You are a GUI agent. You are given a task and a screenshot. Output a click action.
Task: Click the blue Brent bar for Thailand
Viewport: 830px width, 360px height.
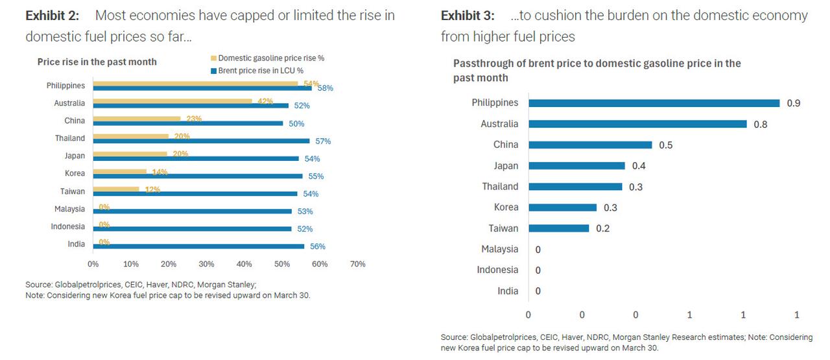click(201, 141)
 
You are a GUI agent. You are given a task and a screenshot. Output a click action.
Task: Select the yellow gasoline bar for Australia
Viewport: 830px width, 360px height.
click(172, 101)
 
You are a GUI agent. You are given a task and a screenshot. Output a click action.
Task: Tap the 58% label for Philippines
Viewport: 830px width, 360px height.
click(325, 88)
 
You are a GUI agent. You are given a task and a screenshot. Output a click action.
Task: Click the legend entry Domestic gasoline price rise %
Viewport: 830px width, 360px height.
click(271, 58)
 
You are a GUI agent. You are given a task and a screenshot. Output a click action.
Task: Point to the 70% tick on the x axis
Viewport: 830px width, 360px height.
click(357, 264)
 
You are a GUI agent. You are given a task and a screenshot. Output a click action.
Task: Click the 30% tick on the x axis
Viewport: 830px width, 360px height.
click(206, 264)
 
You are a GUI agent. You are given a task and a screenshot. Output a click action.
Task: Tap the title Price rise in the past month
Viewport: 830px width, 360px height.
click(97, 62)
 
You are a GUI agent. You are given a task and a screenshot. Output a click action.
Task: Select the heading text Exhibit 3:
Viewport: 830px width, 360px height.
click(468, 16)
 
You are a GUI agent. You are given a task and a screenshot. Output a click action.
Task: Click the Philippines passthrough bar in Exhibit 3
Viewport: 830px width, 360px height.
click(654, 103)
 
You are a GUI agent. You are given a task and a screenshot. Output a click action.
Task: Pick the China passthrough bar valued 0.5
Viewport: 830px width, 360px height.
click(590, 145)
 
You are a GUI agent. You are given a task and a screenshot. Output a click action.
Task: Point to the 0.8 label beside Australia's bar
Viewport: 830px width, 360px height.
click(760, 125)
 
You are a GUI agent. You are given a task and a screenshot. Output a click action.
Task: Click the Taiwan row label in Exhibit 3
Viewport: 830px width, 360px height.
click(503, 228)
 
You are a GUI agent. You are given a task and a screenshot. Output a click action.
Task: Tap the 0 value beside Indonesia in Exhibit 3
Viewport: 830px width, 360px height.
click(538, 270)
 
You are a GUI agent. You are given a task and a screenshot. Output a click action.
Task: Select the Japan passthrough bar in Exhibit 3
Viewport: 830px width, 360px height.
click(576, 166)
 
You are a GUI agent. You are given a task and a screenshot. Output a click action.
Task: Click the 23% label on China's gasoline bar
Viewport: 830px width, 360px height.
click(194, 119)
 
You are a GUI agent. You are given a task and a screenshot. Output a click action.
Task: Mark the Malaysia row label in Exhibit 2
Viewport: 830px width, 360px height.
click(69, 209)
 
